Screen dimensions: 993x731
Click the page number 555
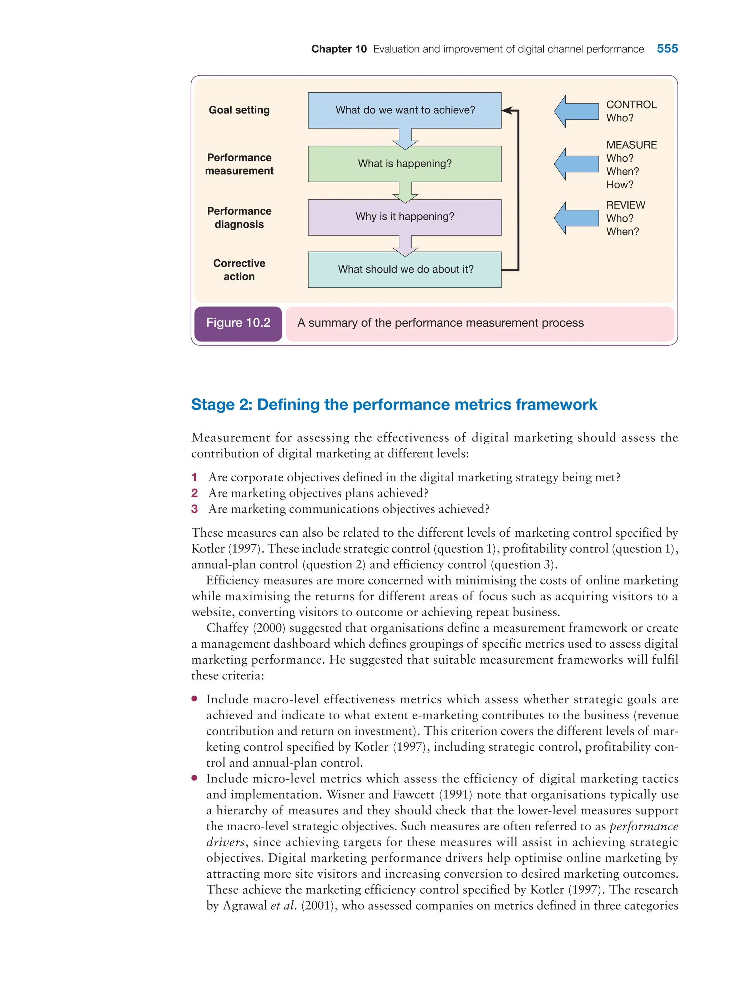667,49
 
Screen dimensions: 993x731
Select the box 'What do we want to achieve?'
404,110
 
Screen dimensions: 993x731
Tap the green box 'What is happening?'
404,164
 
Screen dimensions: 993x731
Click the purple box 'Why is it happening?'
404,217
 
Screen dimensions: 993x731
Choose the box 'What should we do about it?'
404,269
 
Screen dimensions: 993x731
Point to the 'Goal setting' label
239,110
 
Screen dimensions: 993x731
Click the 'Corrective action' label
239,270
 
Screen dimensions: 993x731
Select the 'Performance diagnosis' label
239,218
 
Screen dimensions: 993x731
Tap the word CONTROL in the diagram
631,105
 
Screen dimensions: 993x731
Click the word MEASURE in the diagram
631,145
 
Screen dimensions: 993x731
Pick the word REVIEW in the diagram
625,205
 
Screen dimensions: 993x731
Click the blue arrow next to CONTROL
576,111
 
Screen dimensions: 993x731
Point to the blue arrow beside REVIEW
576,218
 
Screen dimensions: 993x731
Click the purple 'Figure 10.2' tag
238,323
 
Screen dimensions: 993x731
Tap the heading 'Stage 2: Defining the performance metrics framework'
394,405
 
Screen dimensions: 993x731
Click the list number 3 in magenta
194,509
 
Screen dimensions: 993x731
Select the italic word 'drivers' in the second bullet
225,842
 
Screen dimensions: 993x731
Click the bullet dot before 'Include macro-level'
194,699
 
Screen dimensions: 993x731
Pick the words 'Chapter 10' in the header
339,49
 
